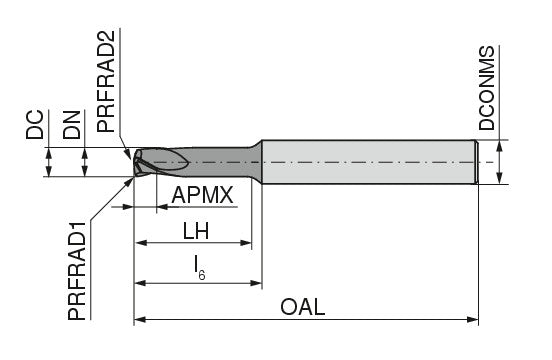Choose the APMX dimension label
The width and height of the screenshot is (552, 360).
click(x=203, y=195)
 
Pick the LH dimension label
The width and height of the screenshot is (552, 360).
click(x=195, y=230)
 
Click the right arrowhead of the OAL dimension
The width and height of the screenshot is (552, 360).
click(x=473, y=320)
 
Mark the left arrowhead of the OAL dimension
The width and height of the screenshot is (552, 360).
click(x=140, y=320)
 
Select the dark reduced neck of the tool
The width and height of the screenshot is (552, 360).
click(x=220, y=160)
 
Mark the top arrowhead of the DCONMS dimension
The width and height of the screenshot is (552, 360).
click(x=499, y=144)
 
